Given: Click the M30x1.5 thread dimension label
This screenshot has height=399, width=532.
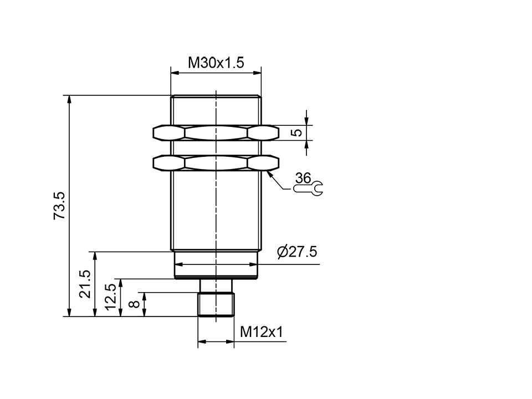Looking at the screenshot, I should [216, 63].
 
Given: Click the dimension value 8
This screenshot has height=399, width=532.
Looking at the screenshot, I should [133, 304].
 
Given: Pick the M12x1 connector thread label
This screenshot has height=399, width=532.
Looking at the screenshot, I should [261, 332].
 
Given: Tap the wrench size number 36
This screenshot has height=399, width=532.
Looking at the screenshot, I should [303, 178].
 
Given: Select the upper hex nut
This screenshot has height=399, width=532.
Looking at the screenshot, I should [216, 132].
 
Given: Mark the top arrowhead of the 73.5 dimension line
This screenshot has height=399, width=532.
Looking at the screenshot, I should [69, 100].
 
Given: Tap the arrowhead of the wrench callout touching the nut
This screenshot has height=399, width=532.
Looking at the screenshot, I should [269, 173].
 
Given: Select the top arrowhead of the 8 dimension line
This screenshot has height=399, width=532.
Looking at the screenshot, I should [144, 296].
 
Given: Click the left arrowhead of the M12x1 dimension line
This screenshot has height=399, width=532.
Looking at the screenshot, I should [202, 342].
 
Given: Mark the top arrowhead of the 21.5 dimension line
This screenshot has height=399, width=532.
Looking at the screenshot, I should [95, 256].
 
